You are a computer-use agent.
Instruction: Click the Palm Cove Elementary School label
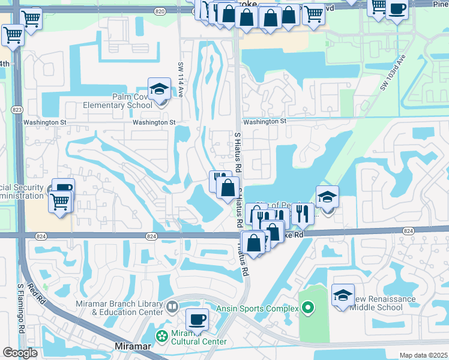tap(123, 101)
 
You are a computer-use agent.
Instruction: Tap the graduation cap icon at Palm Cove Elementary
tap(159, 90)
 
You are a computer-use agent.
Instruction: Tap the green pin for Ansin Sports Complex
tap(309, 308)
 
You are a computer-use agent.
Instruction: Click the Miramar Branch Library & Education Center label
tap(119, 308)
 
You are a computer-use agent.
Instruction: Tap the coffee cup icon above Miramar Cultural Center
tap(196, 319)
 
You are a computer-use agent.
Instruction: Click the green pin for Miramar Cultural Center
tap(161, 335)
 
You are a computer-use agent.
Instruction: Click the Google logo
tap(20, 353)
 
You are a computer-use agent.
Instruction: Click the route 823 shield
tap(17, 110)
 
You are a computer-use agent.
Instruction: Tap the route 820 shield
tap(159, 11)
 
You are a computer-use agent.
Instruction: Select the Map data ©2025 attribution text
tap(423, 355)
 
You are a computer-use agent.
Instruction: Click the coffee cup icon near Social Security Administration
tap(63, 188)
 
